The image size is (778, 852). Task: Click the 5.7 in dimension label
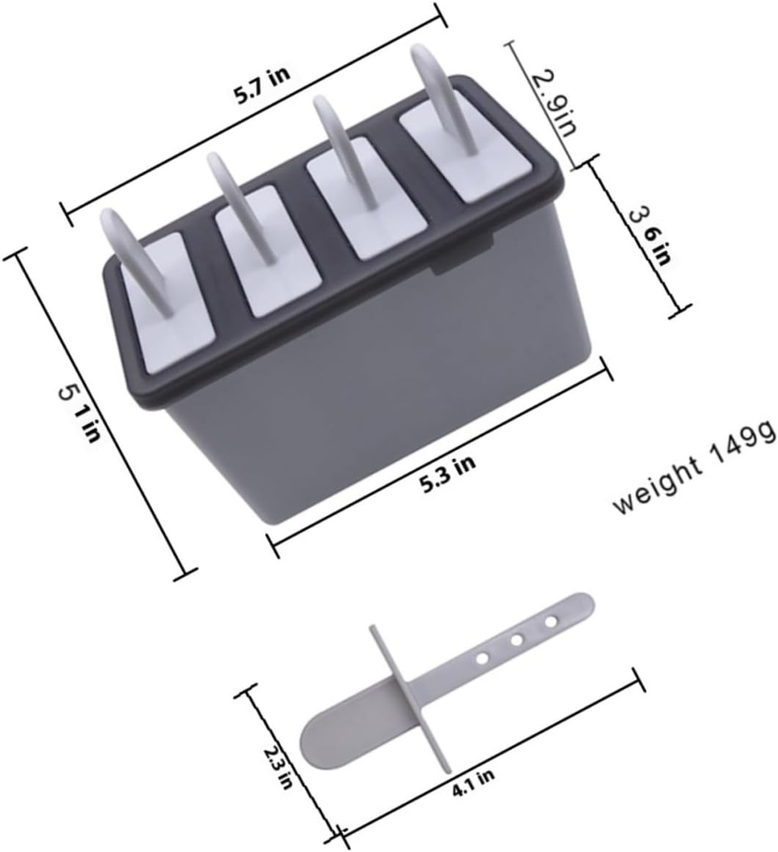pyautogui.click(x=261, y=85)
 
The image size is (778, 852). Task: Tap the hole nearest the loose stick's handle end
pyautogui.click(x=549, y=621)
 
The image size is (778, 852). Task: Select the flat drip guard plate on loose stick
pyautogui.click(x=411, y=699)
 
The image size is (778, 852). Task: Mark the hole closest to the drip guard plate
pyautogui.click(x=481, y=658)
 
